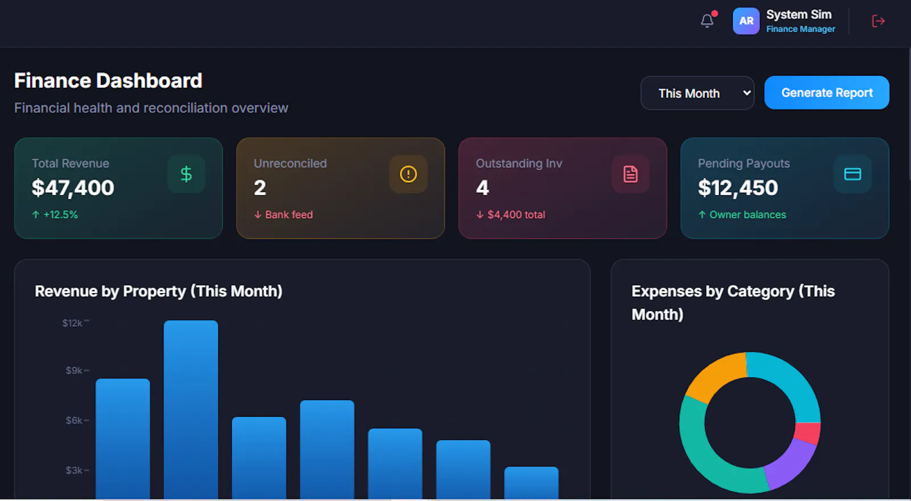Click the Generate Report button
[x=826, y=93]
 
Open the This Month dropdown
[x=697, y=93]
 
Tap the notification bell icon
[x=707, y=20]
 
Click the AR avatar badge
[x=746, y=20]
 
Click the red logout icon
[x=879, y=20]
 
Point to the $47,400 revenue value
[x=73, y=187]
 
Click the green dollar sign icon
[x=186, y=174]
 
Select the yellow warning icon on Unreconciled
[x=408, y=174]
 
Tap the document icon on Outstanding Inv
[x=630, y=174]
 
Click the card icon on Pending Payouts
[x=852, y=174]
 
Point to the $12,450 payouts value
[x=738, y=187]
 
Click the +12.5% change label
[x=60, y=215]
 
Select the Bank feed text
[x=289, y=215]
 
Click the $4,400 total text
[x=516, y=215]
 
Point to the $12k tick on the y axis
[x=72, y=323]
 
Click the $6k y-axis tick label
[x=75, y=421]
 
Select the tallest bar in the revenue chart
[x=191, y=409]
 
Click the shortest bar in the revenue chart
[x=531, y=483]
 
